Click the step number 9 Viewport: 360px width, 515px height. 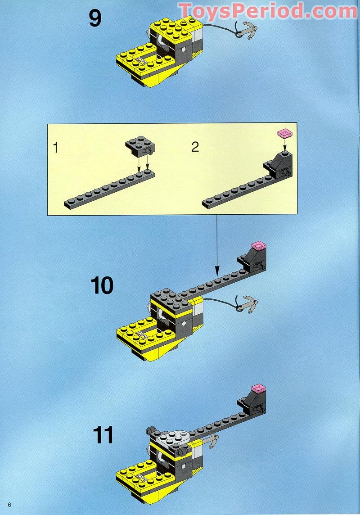coord(95,18)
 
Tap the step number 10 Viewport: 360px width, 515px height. coord(102,285)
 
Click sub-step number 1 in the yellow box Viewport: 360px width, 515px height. coord(56,148)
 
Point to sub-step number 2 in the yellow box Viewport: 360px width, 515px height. coord(195,147)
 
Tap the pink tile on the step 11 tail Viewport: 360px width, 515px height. coord(259,388)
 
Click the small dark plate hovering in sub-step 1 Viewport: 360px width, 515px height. coord(140,146)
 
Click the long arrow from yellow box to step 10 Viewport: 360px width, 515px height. coord(217,245)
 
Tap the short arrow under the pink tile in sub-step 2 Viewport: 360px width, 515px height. coord(285,143)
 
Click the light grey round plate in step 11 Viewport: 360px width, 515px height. coord(174,435)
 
